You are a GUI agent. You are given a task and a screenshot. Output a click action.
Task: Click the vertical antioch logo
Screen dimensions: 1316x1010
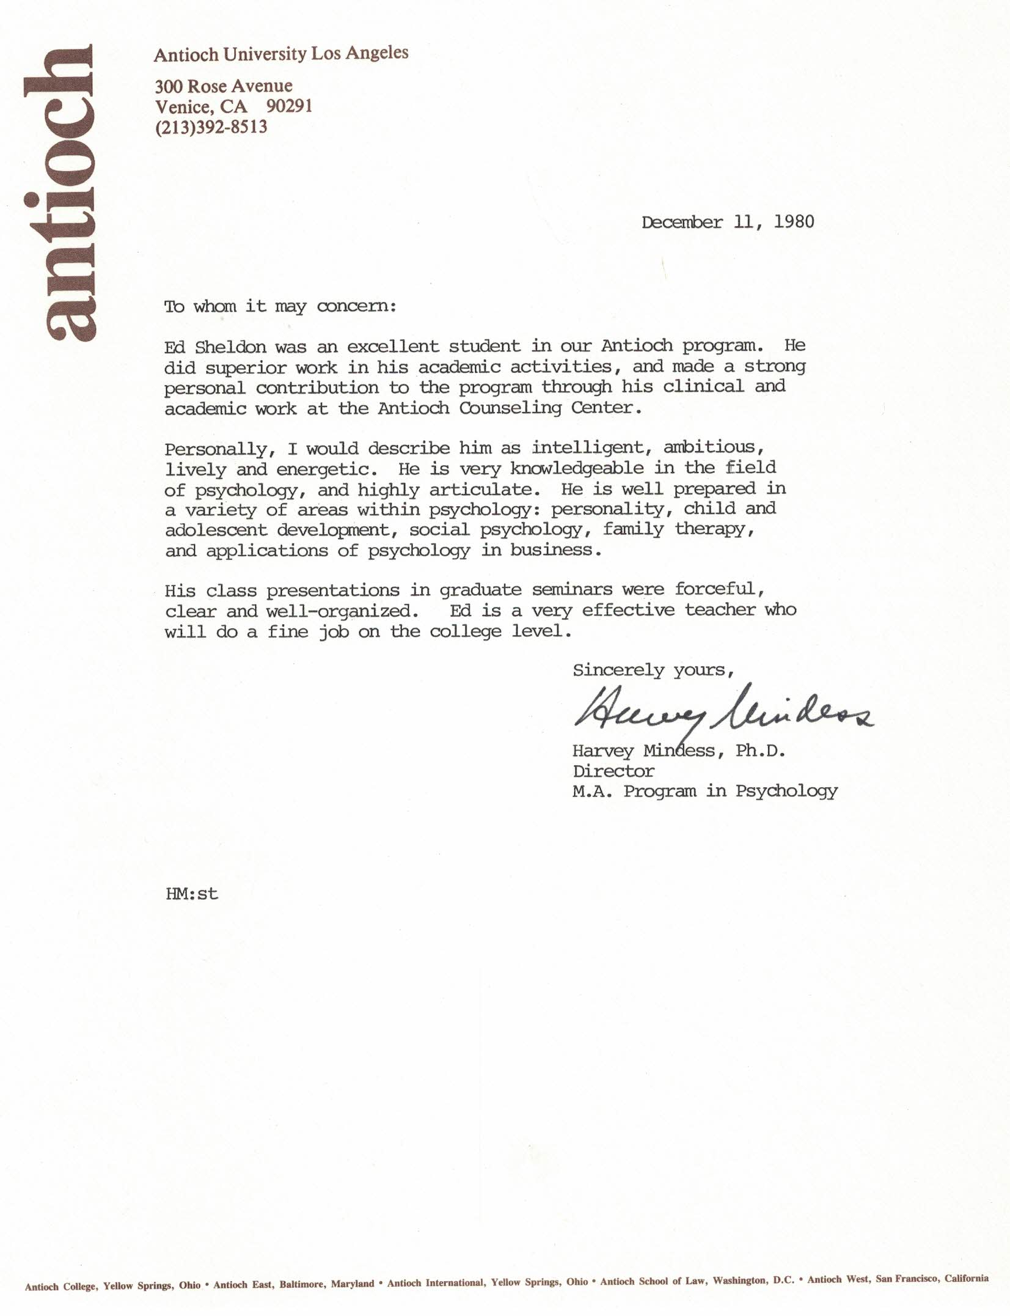pos(59,193)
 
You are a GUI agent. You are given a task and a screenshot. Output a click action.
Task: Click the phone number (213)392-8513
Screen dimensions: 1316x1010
pos(211,127)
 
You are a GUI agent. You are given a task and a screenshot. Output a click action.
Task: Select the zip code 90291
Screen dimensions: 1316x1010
pos(289,106)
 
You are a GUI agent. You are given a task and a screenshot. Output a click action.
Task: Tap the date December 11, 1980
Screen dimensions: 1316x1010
pos(727,222)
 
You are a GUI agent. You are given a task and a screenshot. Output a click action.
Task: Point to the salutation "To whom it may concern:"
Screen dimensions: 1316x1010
pos(280,306)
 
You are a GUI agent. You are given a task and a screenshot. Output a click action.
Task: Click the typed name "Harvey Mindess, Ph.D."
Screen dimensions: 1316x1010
pos(678,751)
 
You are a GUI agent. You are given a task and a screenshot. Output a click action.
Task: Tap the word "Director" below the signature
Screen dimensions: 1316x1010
pos(613,771)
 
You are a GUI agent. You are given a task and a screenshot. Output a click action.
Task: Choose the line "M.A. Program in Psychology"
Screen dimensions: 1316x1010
pos(704,791)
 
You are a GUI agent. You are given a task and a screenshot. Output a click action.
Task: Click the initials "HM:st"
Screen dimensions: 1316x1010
pos(191,894)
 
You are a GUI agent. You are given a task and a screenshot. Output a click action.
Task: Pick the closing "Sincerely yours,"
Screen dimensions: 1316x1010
pos(653,670)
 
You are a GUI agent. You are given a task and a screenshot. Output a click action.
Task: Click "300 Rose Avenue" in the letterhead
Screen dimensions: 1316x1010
pos(223,86)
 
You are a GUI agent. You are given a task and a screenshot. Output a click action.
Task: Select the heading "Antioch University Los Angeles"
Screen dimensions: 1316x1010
pos(280,54)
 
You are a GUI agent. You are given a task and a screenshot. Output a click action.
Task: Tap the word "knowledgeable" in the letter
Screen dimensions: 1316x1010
pos(576,469)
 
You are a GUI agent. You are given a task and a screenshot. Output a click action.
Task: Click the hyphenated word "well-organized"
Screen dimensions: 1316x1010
pos(338,611)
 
